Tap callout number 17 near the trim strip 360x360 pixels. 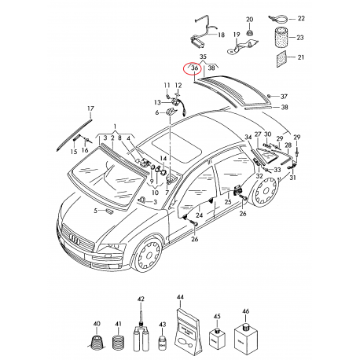pyautogui.click(x=90, y=108)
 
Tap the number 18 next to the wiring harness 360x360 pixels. pyautogui.click(x=221, y=35)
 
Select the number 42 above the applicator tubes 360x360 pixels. pyautogui.click(x=141, y=299)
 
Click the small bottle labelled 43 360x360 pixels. pyautogui.click(x=162, y=342)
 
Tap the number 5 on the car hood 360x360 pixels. pyautogui.click(x=94, y=211)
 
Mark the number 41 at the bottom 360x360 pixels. pyautogui.click(x=119, y=324)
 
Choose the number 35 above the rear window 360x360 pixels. pyautogui.click(x=203, y=58)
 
